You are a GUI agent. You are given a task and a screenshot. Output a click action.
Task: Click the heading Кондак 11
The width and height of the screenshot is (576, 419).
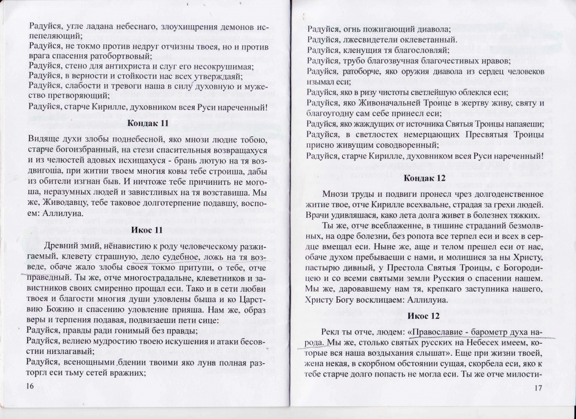[x=149, y=124]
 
